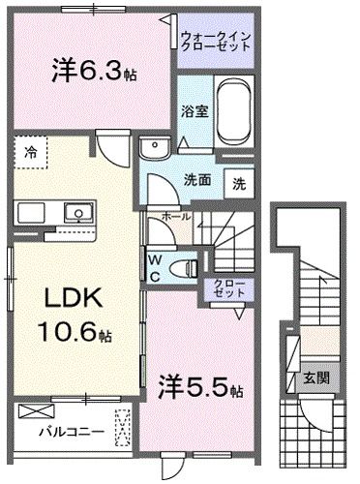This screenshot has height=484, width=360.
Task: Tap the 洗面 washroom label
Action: pyautogui.click(x=197, y=179)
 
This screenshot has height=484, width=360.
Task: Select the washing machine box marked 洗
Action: pyautogui.click(x=238, y=181)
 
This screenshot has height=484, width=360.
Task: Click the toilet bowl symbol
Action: pyautogui.click(x=177, y=267)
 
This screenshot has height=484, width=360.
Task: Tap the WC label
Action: pyautogui.click(x=155, y=265)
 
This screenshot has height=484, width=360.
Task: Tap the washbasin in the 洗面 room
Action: pyautogui.click(x=152, y=148)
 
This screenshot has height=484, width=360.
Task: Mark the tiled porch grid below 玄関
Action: pyautogui.click(x=312, y=427)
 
